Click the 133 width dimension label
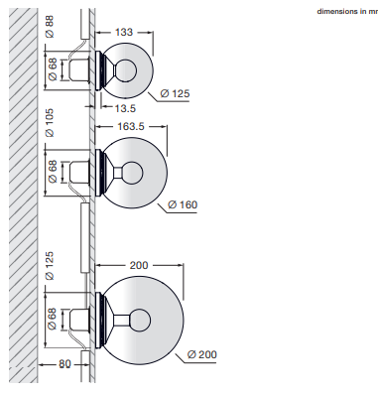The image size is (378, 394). click(124, 32)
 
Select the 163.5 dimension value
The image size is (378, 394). click(131, 126)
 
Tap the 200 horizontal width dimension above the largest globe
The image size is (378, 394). click(139, 265)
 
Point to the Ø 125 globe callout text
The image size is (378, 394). click(175, 93)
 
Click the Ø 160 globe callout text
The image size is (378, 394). click(183, 204)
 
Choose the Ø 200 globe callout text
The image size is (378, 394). click(202, 354)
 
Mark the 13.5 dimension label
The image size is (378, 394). click(125, 108)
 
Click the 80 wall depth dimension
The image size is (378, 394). click(64, 364)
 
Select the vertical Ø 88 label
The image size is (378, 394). click(50, 27)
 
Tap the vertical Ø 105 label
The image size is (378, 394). click(50, 123)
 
